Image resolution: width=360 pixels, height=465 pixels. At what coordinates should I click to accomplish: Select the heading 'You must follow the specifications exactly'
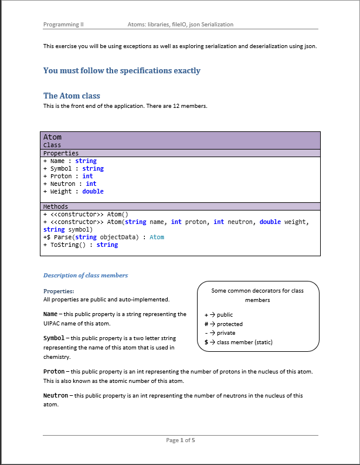[x=121, y=71]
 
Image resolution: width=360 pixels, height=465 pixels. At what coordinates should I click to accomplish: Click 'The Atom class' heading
[x=72, y=96]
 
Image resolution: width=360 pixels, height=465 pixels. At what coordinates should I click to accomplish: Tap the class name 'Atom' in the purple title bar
[x=52, y=137]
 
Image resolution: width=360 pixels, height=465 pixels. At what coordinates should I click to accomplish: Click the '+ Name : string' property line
[x=70, y=161]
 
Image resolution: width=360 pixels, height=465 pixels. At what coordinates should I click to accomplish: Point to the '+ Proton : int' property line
[x=68, y=176]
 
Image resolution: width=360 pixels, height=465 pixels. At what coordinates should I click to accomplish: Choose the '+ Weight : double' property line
[x=73, y=191]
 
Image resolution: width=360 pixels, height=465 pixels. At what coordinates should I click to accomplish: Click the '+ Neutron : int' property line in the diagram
[x=70, y=184]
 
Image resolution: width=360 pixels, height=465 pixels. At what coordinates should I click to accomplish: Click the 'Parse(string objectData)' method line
[x=103, y=237]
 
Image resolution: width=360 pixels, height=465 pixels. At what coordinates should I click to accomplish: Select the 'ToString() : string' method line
[x=80, y=245]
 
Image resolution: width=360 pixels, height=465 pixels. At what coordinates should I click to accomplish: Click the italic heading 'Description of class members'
[x=86, y=275]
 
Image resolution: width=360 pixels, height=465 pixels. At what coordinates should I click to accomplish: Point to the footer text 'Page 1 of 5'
[x=180, y=440]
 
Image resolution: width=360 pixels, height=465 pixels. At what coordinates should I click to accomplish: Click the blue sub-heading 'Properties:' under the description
[x=59, y=291]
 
